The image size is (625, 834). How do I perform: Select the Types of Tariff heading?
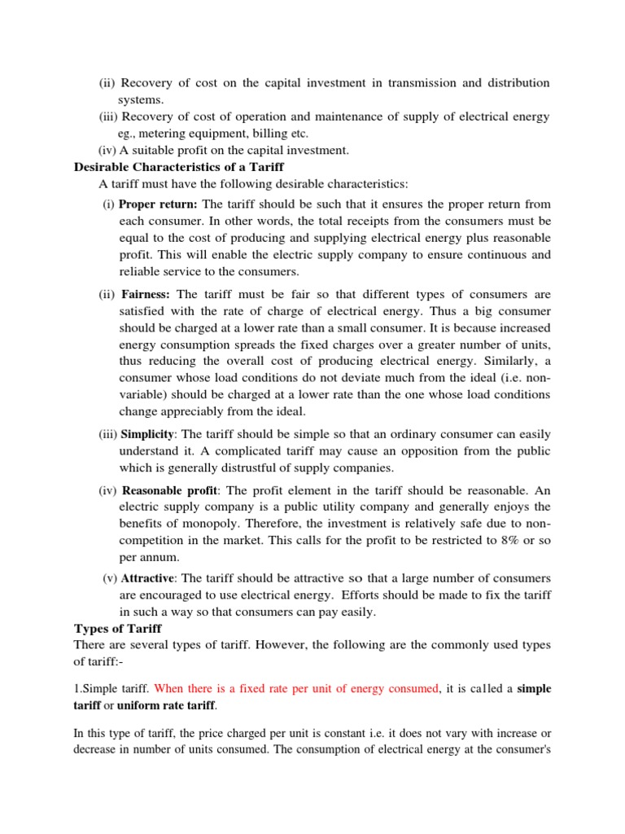pyautogui.click(x=118, y=628)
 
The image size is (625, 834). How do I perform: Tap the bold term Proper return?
pyautogui.click(x=159, y=204)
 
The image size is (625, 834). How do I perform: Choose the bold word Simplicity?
pyautogui.click(x=148, y=435)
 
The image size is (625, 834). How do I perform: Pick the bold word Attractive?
pyautogui.click(x=147, y=578)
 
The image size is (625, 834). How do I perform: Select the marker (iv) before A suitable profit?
pyautogui.click(x=107, y=150)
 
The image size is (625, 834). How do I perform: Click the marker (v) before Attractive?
pyautogui.click(x=110, y=578)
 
